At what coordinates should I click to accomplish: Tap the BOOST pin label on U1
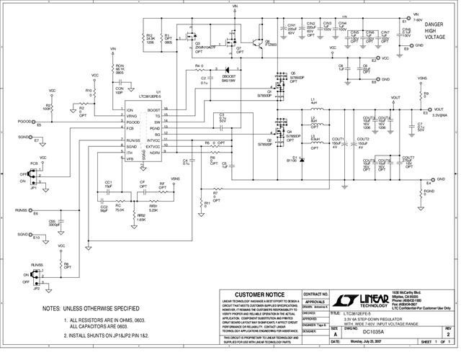click(x=153, y=109)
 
